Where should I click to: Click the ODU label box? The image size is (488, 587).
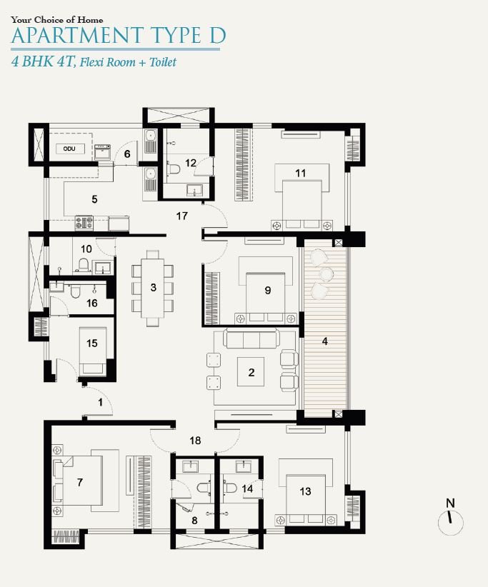click(x=69, y=149)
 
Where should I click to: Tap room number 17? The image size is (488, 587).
click(x=181, y=216)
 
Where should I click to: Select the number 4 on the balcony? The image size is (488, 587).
click(x=324, y=341)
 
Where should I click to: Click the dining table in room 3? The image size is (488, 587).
click(x=153, y=288)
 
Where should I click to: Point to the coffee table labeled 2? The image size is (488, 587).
click(x=251, y=372)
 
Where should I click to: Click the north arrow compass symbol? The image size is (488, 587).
click(x=451, y=523)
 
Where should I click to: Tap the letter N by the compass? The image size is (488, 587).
click(x=450, y=503)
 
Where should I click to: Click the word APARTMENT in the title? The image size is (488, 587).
click(x=76, y=36)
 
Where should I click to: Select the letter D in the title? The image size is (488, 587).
click(x=216, y=36)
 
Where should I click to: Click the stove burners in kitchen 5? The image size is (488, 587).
click(x=84, y=222)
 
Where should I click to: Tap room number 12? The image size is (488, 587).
click(x=191, y=163)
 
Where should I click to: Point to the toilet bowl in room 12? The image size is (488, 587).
click(x=174, y=168)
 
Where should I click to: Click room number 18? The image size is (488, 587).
click(x=195, y=440)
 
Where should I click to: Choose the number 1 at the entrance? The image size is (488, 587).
click(x=100, y=403)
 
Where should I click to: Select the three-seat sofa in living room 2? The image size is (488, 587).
click(x=252, y=338)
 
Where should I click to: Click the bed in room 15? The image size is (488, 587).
click(x=92, y=351)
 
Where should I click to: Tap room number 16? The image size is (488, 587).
click(x=92, y=303)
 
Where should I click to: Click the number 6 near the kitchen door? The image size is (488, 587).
click(x=127, y=154)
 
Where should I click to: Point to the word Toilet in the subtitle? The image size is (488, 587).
click(x=162, y=62)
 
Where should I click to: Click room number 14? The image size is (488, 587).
click(x=247, y=488)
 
